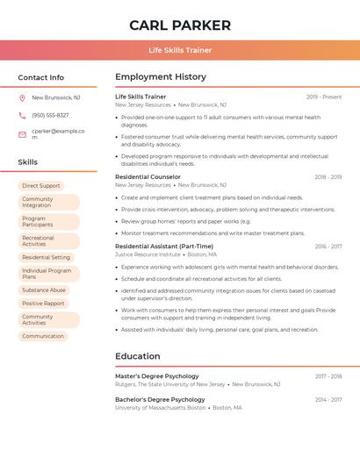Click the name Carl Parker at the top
click(180, 25)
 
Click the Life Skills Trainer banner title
click(180, 50)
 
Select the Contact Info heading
click(40, 77)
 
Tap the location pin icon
click(22, 98)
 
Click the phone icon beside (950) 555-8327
click(22, 115)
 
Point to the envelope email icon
click(22, 134)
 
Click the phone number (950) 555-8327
click(50, 115)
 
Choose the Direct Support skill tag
click(41, 186)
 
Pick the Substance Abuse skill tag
click(44, 290)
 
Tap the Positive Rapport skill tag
click(43, 304)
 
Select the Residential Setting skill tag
click(46, 257)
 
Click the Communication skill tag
click(43, 336)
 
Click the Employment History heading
click(161, 77)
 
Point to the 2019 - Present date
click(324, 97)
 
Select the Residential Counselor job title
click(148, 177)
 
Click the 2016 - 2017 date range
click(328, 247)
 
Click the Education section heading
click(137, 356)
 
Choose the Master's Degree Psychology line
click(156, 376)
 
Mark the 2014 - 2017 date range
click(328, 400)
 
